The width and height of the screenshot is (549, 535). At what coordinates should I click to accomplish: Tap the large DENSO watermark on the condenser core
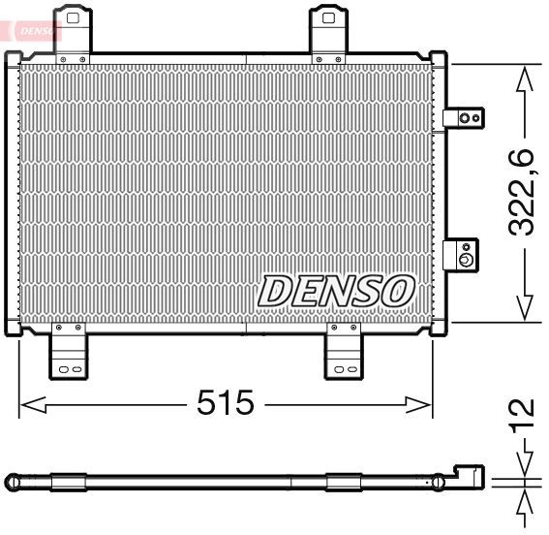pos(336,290)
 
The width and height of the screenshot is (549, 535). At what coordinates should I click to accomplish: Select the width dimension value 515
pos(225,401)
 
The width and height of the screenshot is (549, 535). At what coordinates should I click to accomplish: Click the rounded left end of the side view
pos(12,480)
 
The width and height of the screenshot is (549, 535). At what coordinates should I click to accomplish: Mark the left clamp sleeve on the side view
pos(69,480)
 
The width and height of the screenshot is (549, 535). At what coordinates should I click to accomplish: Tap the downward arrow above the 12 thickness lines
pos(524,463)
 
